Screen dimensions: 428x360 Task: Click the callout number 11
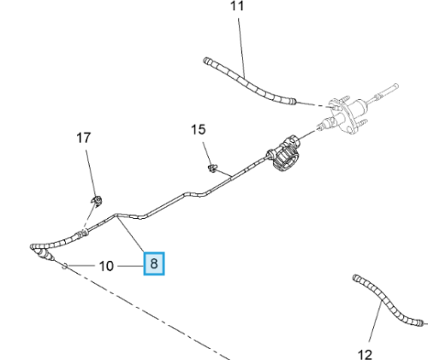[x=237, y=6]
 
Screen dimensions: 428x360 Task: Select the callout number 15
[x=198, y=130]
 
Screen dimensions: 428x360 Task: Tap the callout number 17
[x=84, y=138]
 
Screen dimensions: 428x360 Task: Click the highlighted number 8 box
[x=154, y=263]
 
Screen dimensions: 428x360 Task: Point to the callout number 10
[x=106, y=266]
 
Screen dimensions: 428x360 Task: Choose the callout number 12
[x=365, y=355]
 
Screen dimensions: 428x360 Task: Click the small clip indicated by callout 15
[x=212, y=168]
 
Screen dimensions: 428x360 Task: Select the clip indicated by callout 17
[x=97, y=201]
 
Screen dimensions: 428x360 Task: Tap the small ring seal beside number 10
[x=65, y=266]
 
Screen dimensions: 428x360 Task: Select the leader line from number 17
[x=91, y=174]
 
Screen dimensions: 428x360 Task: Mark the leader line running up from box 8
[x=131, y=234]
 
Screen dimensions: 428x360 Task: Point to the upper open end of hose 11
[x=206, y=61]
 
